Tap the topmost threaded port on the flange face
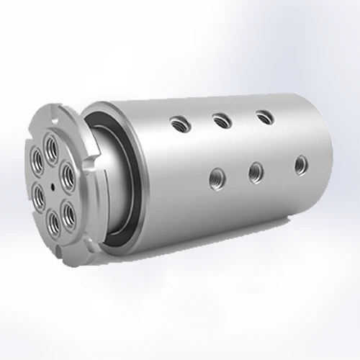pos(51,148)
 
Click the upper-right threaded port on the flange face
pos(68,171)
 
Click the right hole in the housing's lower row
pos(300,165)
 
